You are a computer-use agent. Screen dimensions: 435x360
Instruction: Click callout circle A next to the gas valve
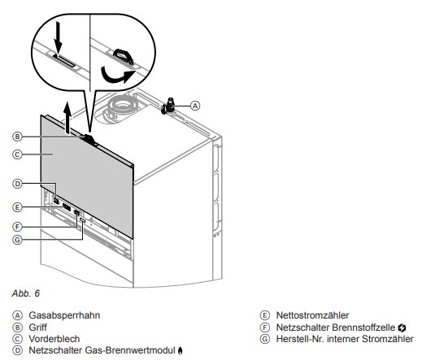pyautogui.click(x=195, y=106)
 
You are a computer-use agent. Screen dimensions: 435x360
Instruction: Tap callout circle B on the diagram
pyautogui.click(x=17, y=137)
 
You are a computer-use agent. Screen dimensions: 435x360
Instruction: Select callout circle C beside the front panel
pyautogui.click(x=17, y=154)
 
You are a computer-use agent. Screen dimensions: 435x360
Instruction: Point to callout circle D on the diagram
pyautogui.click(x=17, y=184)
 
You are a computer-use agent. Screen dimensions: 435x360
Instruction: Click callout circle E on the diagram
pyautogui.click(x=17, y=207)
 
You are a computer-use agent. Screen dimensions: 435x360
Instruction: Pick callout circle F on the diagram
pyautogui.click(x=17, y=227)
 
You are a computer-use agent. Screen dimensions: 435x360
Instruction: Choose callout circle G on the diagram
pyautogui.click(x=17, y=240)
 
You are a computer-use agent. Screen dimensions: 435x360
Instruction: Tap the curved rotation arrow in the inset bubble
pyautogui.click(x=116, y=76)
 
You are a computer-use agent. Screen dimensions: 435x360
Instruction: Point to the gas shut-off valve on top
pyautogui.click(x=167, y=106)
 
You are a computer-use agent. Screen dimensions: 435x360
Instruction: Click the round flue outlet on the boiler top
pyautogui.click(x=121, y=106)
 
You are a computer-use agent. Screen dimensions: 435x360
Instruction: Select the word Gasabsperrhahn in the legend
pyautogui.click(x=64, y=315)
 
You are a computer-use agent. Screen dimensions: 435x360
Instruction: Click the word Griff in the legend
pyautogui.click(x=37, y=327)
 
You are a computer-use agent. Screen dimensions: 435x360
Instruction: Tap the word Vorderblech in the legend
pyautogui.click(x=54, y=339)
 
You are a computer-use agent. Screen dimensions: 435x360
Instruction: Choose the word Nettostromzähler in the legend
pyautogui.click(x=312, y=315)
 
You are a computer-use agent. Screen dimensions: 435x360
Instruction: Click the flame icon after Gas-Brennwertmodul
pyautogui.click(x=180, y=351)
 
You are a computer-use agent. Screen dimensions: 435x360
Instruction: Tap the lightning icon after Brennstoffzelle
pyautogui.click(x=402, y=327)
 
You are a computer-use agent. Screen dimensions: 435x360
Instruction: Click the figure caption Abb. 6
pyautogui.click(x=25, y=293)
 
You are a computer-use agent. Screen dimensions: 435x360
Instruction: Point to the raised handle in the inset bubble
pyautogui.click(x=123, y=56)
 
